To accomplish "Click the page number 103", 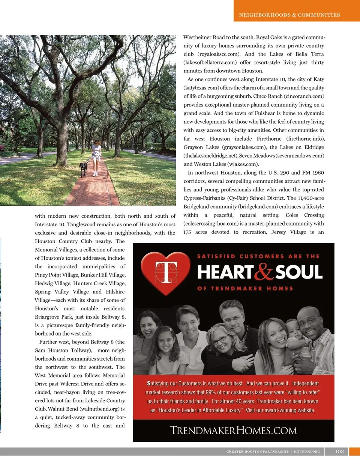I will click(x=339, y=451).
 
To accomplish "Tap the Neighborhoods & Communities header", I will click(x=289, y=15).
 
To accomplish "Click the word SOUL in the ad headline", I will click(x=299, y=272).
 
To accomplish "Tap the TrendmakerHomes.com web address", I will click(x=233, y=430).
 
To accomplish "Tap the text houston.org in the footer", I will click(x=307, y=451).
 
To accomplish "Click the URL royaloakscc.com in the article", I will click(x=218, y=54).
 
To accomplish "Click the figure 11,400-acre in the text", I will click(x=311, y=198).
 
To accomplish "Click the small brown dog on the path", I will click(x=108, y=174).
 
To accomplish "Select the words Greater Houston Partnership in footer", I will click(x=257, y=451).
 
